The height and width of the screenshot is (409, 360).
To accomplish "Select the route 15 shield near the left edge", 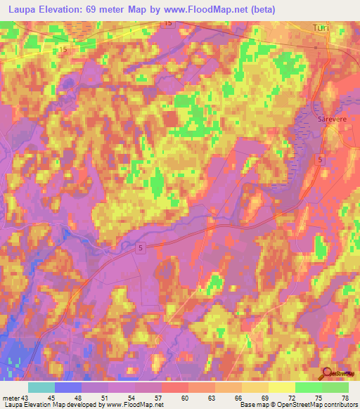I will click(x=64, y=50).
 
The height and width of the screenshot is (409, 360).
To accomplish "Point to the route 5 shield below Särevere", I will click(x=321, y=160).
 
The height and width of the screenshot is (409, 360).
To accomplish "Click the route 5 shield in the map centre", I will click(x=141, y=248).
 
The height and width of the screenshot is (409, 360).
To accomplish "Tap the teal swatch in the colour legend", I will click(x=41, y=387).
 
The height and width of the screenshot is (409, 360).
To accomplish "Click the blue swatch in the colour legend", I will click(x=68, y=387).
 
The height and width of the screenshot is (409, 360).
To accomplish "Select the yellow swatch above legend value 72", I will click(x=282, y=387).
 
